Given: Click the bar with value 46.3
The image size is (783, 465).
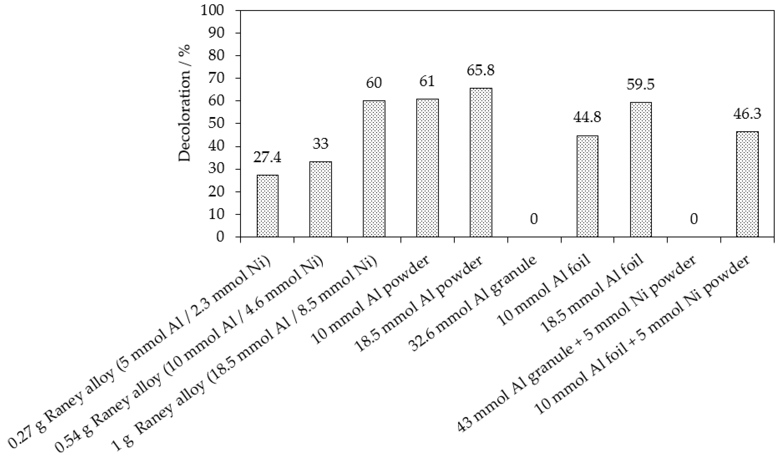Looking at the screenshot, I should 747,184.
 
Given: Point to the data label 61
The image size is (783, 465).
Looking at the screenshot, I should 427,81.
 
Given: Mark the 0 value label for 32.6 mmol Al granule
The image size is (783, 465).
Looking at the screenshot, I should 534,219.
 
